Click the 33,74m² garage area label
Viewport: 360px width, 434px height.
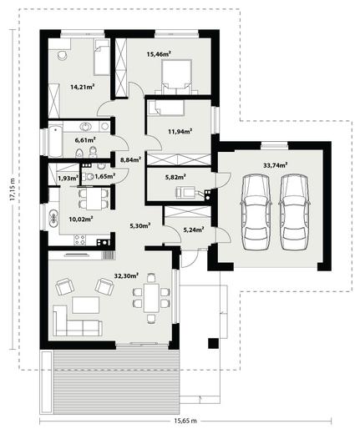pos(276,165)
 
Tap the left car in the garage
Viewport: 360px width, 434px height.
pos(256,212)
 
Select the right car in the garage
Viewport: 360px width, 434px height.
pos(295,212)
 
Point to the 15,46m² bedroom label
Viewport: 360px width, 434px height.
pos(159,53)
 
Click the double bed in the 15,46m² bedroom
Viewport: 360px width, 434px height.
pos(176,77)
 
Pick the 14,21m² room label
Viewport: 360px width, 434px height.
pos(82,87)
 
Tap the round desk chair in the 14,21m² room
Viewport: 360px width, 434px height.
pos(62,55)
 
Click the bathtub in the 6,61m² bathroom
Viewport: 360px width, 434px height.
pos(55,141)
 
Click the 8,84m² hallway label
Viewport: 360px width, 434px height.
pos(130,159)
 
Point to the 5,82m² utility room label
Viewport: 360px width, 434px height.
pos(177,176)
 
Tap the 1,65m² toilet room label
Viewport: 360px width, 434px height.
pos(105,176)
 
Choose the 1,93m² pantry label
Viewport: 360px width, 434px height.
pos(68,177)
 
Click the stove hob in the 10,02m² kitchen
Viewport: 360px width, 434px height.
pos(79,240)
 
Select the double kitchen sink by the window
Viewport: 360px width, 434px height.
pos(53,217)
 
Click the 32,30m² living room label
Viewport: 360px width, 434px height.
pos(127,275)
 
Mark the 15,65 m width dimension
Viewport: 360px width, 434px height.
pos(185,421)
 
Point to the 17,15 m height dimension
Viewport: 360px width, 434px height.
pos(13,189)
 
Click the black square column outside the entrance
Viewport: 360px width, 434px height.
pos(214,343)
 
